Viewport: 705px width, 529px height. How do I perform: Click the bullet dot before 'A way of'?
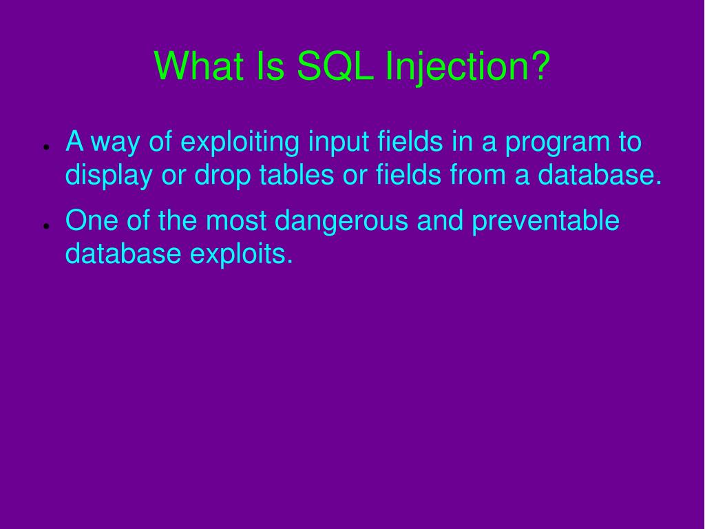(44, 147)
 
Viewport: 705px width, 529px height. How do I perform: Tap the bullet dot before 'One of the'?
(44, 225)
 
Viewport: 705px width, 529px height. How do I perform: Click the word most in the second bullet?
(236, 222)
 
